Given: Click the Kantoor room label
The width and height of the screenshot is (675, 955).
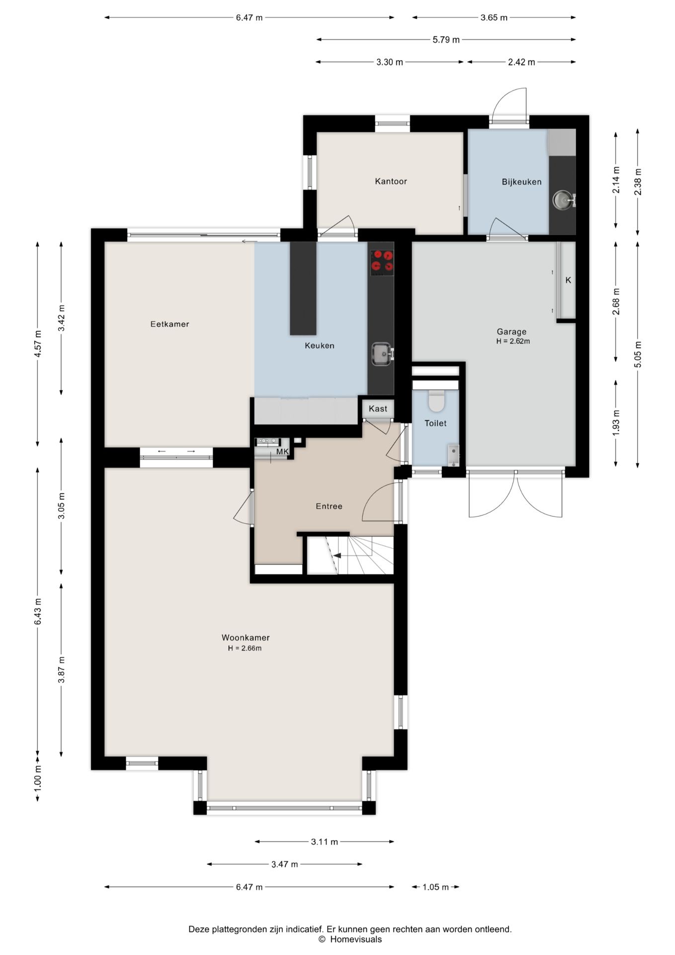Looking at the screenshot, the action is pyautogui.click(x=391, y=182).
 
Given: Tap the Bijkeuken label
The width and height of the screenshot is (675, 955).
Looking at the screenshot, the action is pyautogui.click(x=521, y=182).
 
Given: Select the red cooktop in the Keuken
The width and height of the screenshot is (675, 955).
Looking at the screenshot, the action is pyautogui.click(x=382, y=262).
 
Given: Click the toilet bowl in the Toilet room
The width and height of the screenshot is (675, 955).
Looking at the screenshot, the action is pyautogui.click(x=436, y=401).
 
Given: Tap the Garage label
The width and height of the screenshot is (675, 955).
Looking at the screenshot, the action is pyautogui.click(x=511, y=332).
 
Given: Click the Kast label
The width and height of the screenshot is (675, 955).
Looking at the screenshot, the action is pyautogui.click(x=378, y=409).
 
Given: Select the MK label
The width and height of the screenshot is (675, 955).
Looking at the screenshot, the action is pyautogui.click(x=282, y=452).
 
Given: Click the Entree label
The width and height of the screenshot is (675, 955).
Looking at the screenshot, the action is pyautogui.click(x=329, y=506).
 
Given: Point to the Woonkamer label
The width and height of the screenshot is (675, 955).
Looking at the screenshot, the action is pyautogui.click(x=246, y=638).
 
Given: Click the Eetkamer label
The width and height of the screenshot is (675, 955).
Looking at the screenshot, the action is pyautogui.click(x=169, y=324).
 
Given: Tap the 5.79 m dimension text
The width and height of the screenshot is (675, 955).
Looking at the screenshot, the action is pyautogui.click(x=446, y=40).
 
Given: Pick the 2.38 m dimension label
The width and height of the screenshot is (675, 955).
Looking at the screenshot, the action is pyautogui.click(x=638, y=182).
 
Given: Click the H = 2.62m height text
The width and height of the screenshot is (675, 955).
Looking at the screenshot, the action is pyautogui.click(x=513, y=342).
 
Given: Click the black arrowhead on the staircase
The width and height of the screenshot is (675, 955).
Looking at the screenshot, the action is pyautogui.click(x=337, y=556).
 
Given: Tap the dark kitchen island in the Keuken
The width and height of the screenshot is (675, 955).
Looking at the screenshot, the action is pyautogui.click(x=303, y=288).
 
